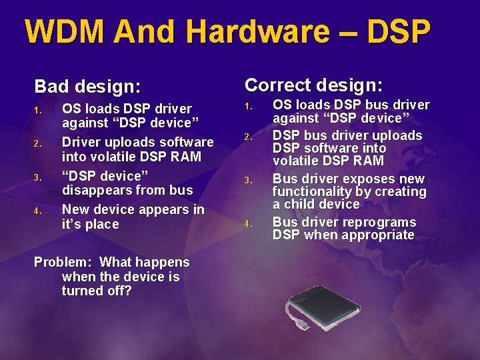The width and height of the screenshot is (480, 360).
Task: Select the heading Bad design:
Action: [87, 87]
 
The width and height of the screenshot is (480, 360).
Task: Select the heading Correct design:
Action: [313, 85]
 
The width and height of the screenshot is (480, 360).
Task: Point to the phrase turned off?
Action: [97, 291]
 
